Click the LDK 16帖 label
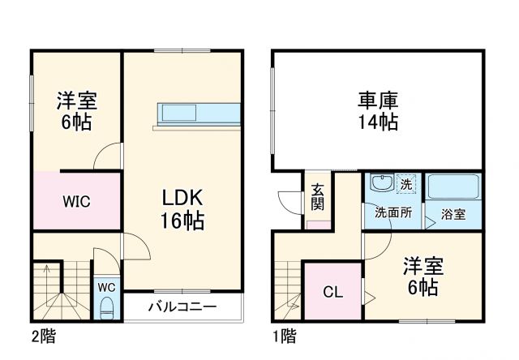pos(182,208)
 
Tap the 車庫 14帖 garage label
pos(378,111)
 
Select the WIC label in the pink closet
pos(77,201)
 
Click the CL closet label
pos(332,290)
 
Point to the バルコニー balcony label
pos(182,307)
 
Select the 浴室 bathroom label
pos(453,214)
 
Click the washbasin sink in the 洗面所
pos(380,183)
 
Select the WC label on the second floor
pos(107,288)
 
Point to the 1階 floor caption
pos(285,335)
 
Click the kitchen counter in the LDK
pos(199,114)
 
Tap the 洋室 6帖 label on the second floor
pos(77,112)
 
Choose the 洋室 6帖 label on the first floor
pos(422,276)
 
